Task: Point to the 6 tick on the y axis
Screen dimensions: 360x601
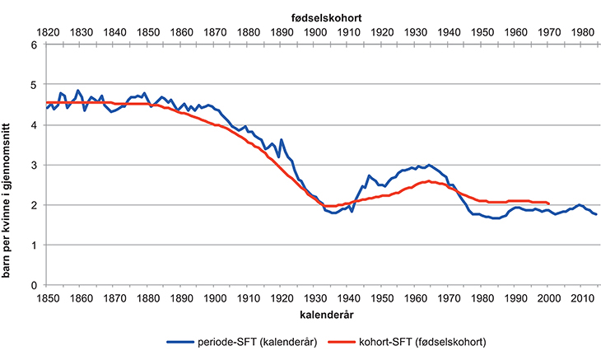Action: [34, 44]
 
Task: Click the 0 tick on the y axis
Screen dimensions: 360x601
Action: [34, 285]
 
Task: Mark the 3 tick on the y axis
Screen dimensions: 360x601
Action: [34, 165]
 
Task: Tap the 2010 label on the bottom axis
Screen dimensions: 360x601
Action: [581, 297]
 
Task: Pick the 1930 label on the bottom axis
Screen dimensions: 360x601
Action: [314, 297]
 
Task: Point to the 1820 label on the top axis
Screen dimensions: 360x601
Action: [47, 31]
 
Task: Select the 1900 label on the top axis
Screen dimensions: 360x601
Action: [314, 31]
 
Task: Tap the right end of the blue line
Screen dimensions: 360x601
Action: [596, 214]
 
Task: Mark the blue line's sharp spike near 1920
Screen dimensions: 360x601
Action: [282, 140]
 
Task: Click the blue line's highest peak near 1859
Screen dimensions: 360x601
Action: [78, 91]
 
